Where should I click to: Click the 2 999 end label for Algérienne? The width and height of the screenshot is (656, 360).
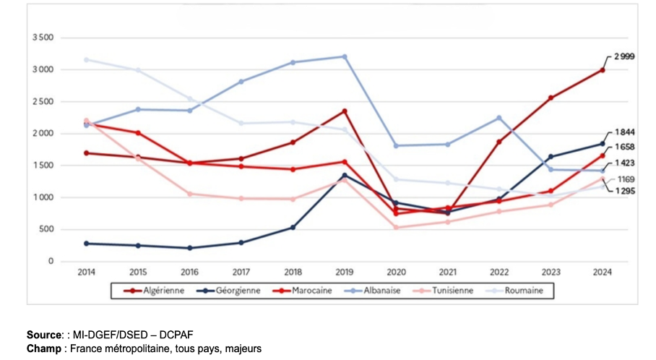[x=623, y=56]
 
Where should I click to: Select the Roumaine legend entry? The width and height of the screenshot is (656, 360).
[x=524, y=291]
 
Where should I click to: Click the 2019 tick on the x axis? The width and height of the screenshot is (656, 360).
[x=344, y=273]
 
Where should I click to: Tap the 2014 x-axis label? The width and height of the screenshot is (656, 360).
[x=87, y=273]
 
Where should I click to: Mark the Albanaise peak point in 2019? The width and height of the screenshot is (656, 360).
[x=344, y=56]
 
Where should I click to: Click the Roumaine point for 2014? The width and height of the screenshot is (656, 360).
[x=87, y=59]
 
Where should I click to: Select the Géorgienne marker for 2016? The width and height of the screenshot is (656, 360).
[x=189, y=248]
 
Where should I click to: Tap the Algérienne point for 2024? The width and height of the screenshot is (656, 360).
[x=602, y=70]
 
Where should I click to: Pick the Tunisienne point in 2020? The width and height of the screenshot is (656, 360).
[x=396, y=227]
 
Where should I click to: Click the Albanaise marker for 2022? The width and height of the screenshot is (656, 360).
[x=499, y=118]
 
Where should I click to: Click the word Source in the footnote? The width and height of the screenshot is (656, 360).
[x=43, y=335]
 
